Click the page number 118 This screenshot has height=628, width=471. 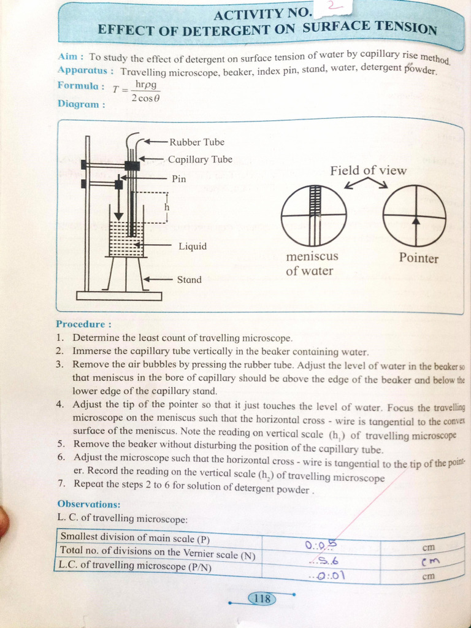point(262,599)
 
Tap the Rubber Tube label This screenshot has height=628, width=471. point(197,142)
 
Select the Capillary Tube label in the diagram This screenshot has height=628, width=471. point(200,159)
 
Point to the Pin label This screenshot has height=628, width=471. point(178,178)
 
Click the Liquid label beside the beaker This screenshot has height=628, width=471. point(193,247)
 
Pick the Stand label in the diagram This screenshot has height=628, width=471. point(189,280)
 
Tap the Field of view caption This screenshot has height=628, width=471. point(368,170)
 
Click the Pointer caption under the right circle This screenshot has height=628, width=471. point(419,258)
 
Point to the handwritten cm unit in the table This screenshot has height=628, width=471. point(431,562)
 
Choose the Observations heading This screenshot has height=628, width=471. point(88,504)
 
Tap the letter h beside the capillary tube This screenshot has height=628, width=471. point(166,207)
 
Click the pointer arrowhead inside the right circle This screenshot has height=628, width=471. point(415,220)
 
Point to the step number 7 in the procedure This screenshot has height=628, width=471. point(61,484)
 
